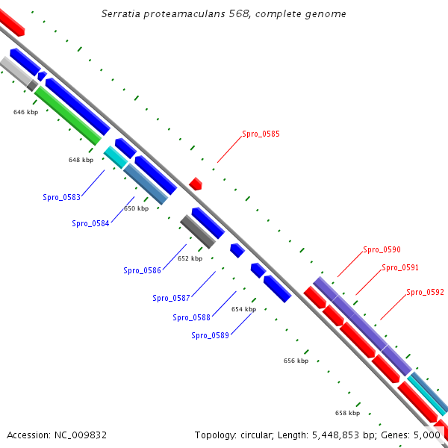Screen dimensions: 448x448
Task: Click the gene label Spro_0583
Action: tap(61, 198)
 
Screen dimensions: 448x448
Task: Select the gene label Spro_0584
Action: tap(90, 223)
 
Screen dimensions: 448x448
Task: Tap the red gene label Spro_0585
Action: tap(261, 134)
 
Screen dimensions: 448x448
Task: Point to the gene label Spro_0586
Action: tap(142, 270)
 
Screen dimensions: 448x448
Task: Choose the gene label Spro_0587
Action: tap(171, 298)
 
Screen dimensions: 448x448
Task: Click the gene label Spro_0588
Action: tap(191, 317)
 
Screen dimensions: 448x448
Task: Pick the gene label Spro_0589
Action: tap(210, 335)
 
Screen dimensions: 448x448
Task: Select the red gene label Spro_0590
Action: tap(382, 249)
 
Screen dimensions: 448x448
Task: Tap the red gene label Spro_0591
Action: tap(400, 267)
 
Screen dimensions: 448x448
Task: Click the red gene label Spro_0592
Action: tap(425, 292)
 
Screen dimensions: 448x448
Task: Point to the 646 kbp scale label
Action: tap(25, 112)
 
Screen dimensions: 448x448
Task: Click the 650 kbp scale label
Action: tap(136, 208)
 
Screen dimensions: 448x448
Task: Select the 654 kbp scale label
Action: tap(243, 308)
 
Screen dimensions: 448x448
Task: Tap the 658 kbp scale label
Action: tap(347, 413)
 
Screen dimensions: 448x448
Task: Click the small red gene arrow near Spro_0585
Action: tap(196, 183)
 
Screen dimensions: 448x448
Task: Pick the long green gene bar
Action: tap(67, 116)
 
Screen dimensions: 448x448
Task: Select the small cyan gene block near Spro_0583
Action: tap(115, 157)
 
